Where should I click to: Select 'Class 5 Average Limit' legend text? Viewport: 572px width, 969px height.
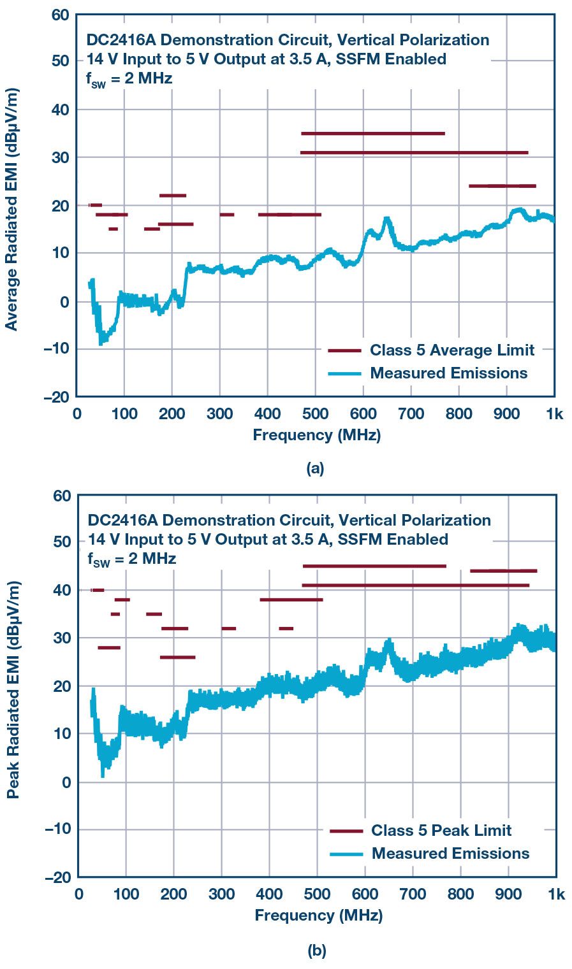point(451,350)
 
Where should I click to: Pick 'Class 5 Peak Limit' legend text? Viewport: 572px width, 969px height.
point(441,830)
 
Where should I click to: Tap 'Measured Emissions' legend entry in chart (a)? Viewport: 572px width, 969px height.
point(448,373)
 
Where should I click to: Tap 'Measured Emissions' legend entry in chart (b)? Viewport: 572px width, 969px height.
point(450,853)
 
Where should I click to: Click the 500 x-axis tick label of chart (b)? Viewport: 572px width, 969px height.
point(317,894)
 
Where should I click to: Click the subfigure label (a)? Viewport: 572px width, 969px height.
point(316,469)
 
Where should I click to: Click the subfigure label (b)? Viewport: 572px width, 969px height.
point(317,951)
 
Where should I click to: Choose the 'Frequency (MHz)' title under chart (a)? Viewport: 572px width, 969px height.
point(316,435)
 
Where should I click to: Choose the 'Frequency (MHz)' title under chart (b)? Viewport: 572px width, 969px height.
point(318,915)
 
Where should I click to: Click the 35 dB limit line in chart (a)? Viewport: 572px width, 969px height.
point(372,133)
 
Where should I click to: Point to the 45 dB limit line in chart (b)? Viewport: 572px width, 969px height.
point(374,566)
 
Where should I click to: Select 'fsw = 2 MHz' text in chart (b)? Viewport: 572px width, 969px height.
point(132,559)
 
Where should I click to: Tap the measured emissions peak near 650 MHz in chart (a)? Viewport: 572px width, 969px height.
point(386,219)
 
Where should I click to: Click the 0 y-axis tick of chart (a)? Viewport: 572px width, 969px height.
point(64,301)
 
